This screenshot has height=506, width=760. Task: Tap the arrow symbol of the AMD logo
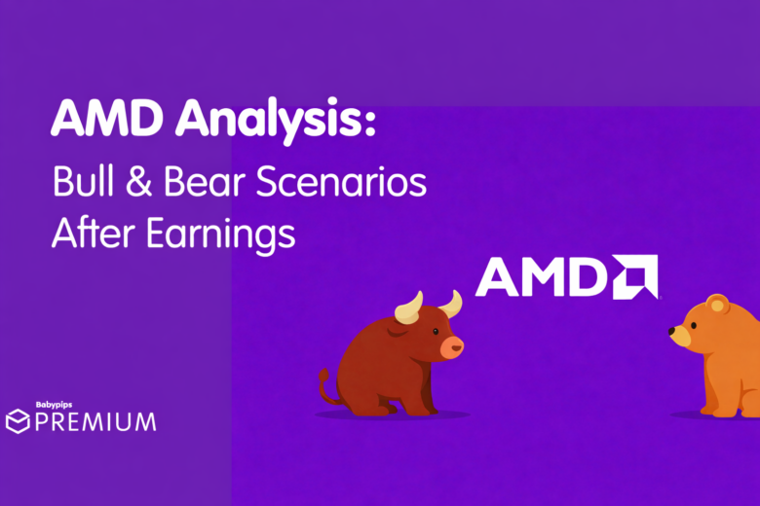point(636,276)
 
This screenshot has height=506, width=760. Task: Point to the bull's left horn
point(408,308)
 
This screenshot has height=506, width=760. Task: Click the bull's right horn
point(450,304)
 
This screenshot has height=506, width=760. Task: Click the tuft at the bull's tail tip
point(324,375)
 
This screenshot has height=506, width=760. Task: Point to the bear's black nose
point(672,332)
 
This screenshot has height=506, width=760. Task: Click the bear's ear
point(718,306)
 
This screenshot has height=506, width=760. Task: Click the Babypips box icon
point(18,420)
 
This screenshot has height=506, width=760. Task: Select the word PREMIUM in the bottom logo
point(95,421)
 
